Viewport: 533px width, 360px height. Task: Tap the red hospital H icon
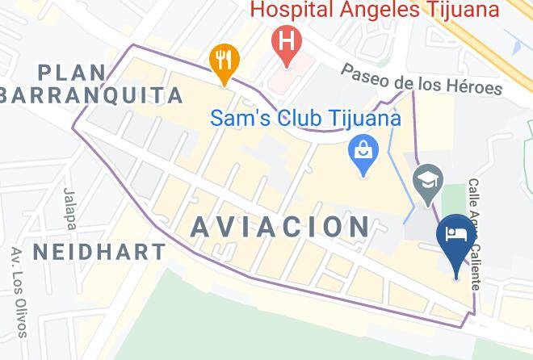[x=285, y=40]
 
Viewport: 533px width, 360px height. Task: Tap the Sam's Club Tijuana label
[x=305, y=118]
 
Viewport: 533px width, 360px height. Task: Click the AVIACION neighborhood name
[x=280, y=226]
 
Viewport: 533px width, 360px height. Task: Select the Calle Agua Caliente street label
[x=475, y=235]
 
